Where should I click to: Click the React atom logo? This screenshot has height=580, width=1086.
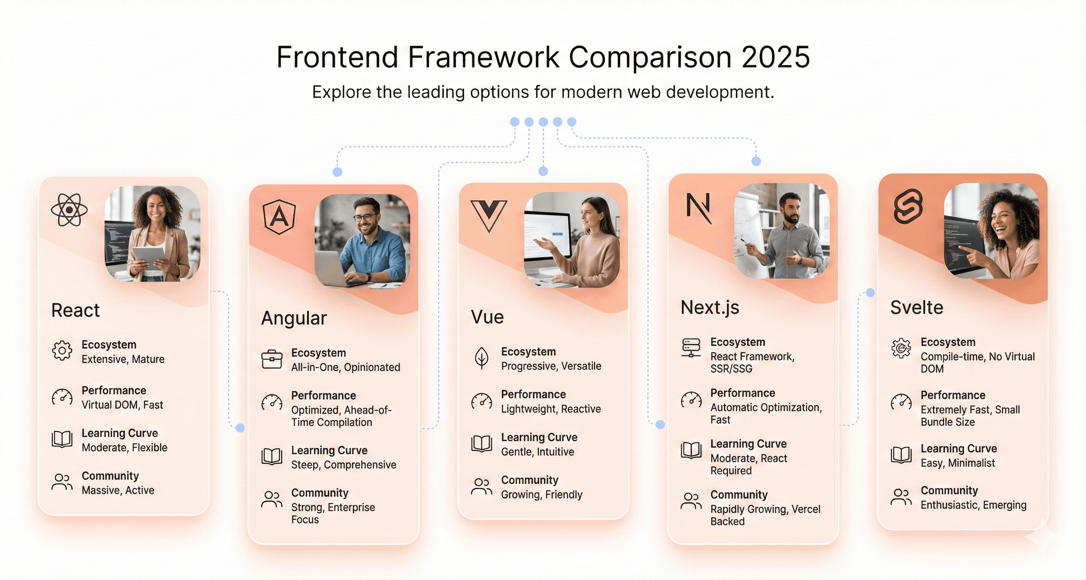point(69,209)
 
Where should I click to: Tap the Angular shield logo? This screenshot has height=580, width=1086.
point(279,217)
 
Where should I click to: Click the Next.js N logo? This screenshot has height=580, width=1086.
point(698,208)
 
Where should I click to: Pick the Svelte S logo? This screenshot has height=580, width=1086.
point(908,206)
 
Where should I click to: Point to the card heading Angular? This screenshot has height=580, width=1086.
point(294,318)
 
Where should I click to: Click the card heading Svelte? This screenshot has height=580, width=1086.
point(917,307)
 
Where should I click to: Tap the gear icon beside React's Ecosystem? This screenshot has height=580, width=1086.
point(62,351)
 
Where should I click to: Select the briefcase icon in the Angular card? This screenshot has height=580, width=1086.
point(272,359)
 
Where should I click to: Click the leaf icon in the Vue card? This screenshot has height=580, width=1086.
point(481,358)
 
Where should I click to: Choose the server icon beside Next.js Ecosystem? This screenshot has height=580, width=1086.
point(691,348)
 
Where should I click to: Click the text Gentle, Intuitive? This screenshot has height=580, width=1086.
point(538,452)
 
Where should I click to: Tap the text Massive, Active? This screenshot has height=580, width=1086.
point(118,490)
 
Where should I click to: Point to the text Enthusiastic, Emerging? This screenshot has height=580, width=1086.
point(973,505)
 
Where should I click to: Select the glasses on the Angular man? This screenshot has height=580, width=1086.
point(365,217)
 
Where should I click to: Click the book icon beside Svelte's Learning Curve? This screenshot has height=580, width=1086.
point(901,455)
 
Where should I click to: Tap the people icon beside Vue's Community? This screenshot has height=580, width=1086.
point(481,486)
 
